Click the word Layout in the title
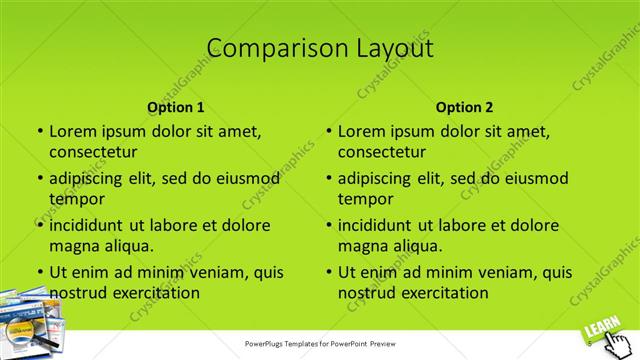click(388, 47)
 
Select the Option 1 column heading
click(176, 107)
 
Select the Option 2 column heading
click(464, 107)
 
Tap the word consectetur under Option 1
click(93, 152)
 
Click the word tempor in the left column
click(76, 199)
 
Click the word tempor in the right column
click(365, 199)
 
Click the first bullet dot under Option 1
click(39, 131)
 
